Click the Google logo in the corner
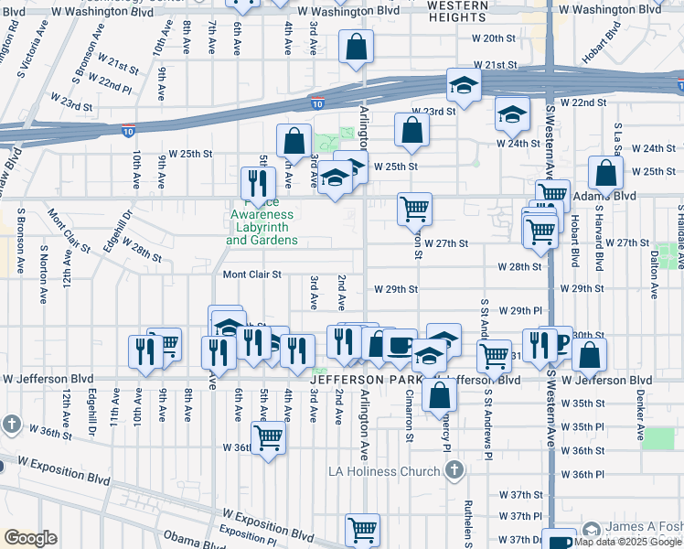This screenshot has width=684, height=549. pos(30,538)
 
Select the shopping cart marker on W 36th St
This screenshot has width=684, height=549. pos(268,436)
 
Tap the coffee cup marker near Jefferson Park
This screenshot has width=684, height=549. pos(399,346)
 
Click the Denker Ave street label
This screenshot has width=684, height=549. pos(641,404)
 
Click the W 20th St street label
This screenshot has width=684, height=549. pos(494,38)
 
